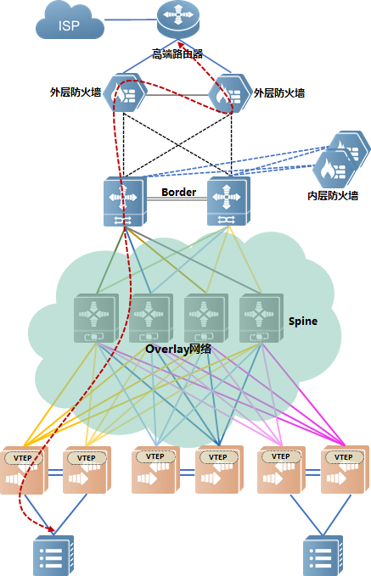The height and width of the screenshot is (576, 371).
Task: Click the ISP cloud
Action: pyautogui.click(x=70, y=21)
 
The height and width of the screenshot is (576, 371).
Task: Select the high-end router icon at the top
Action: pyautogui.click(x=178, y=19)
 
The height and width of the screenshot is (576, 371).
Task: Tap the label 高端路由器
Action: pyautogui.click(x=177, y=54)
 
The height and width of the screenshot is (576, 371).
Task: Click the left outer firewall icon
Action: pyautogui.click(x=125, y=92)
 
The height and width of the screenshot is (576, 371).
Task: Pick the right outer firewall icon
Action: pyautogui.click(x=230, y=93)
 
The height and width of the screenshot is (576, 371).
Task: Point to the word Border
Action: pyautogui.click(x=178, y=192)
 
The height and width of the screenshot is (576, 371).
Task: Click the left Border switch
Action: pyautogui.click(x=125, y=202)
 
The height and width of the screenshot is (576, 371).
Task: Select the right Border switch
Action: pyautogui.click(x=228, y=201)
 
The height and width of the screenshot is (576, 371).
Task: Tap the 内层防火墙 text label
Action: pyautogui.click(x=333, y=195)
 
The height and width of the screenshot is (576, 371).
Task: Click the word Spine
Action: pyautogui.click(x=303, y=321)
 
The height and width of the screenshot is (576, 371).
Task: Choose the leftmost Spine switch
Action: pyautogui.click(x=96, y=318)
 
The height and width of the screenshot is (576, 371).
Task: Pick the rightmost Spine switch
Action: pyautogui.click(x=261, y=318)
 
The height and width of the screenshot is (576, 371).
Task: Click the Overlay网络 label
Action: pyautogui.click(x=178, y=349)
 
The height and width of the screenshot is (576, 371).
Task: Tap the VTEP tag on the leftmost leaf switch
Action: pyautogui.click(x=23, y=458)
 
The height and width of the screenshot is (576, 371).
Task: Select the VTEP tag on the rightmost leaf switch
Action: pyautogui.click(x=344, y=457)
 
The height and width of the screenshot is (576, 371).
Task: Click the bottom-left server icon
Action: pyautogui.click(x=53, y=556)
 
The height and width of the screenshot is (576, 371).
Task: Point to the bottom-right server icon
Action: pyautogui.click(x=323, y=556)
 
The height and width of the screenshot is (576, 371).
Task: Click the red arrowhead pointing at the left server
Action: pyautogui.click(x=51, y=529)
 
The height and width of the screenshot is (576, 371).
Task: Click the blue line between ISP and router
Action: pyautogui.click(x=131, y=20)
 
